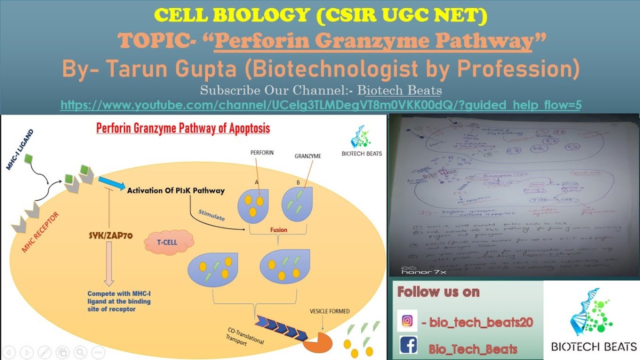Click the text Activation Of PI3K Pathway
point(176,190)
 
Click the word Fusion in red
point(278,230)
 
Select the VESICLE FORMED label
point(329,311)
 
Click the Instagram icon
point(407,321)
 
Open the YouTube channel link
point(320,105)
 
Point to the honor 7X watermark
point(424,271)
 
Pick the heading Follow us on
point(438,292)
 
